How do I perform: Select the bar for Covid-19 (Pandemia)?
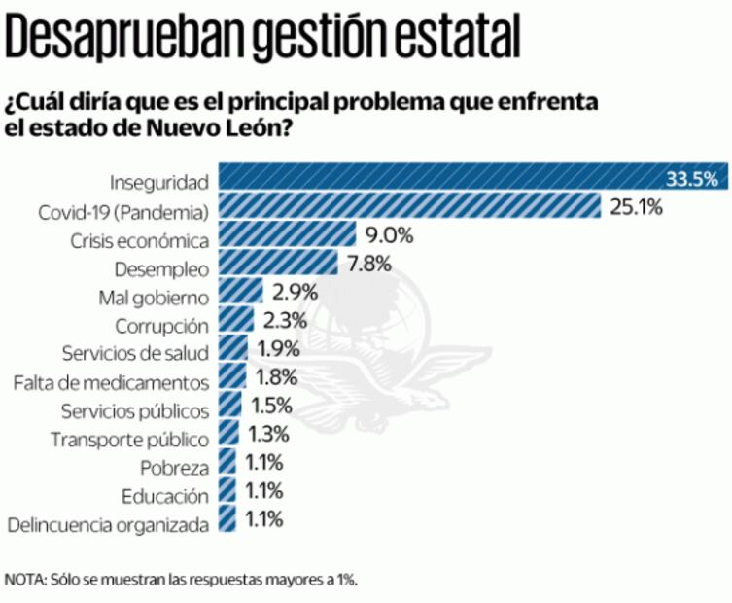(408, 206)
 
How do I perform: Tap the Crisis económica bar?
(288, 234)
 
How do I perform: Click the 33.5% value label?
(691, 178)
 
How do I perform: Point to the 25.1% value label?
(637, 206)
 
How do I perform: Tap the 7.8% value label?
(368, 263)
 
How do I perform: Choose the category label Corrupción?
(161, 325)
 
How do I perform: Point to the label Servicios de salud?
(134, 353)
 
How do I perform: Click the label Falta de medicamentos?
(112, 382)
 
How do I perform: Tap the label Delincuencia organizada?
(108, 526)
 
